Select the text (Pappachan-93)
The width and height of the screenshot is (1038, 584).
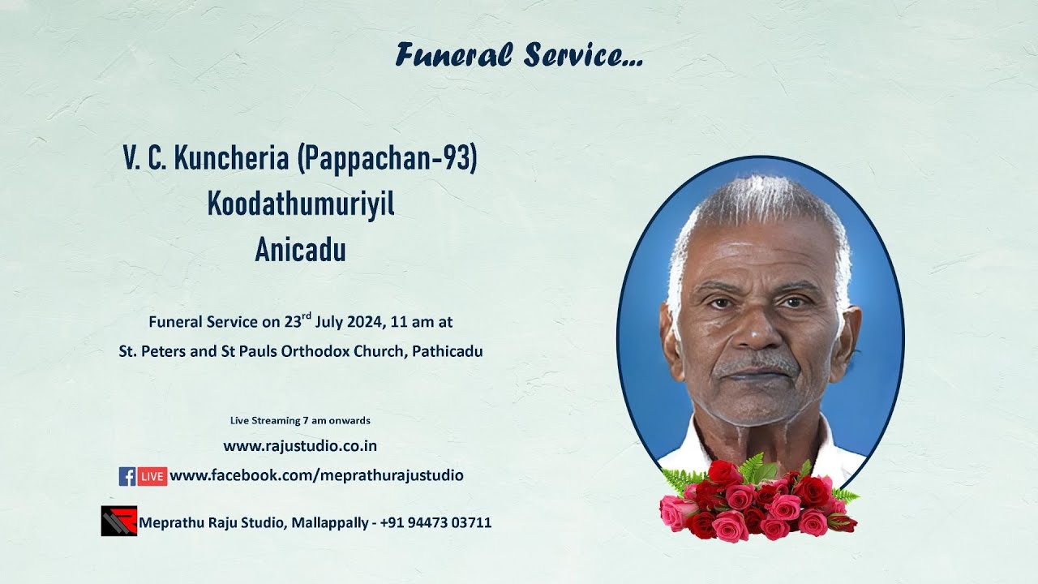point(387,160)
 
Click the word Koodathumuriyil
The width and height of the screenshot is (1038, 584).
point(300,205)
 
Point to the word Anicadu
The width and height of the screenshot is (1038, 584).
point(300,251)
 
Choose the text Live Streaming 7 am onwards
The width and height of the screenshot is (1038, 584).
point(300,420)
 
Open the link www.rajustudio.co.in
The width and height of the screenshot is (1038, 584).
point(300,445)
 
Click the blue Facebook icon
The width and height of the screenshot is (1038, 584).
point(127,476)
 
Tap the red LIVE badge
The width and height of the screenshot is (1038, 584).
point(152,476)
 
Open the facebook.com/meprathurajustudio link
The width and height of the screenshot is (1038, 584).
point(316,475)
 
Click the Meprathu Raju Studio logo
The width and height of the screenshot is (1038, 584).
point(118,521)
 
